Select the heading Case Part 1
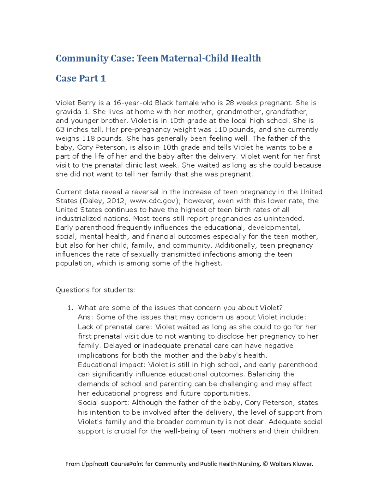pyautogui.click(x=81, y=79)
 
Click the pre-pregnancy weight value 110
pyautogui.click(x=220, y=130)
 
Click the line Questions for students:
pyautogui.click(x=95, y=290)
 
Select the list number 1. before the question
pyautogui.click(x=70, y=308)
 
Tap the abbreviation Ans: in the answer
pyautogui.click(x=86, y=317)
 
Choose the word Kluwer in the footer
pyautogui.click(x=303, y=464)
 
